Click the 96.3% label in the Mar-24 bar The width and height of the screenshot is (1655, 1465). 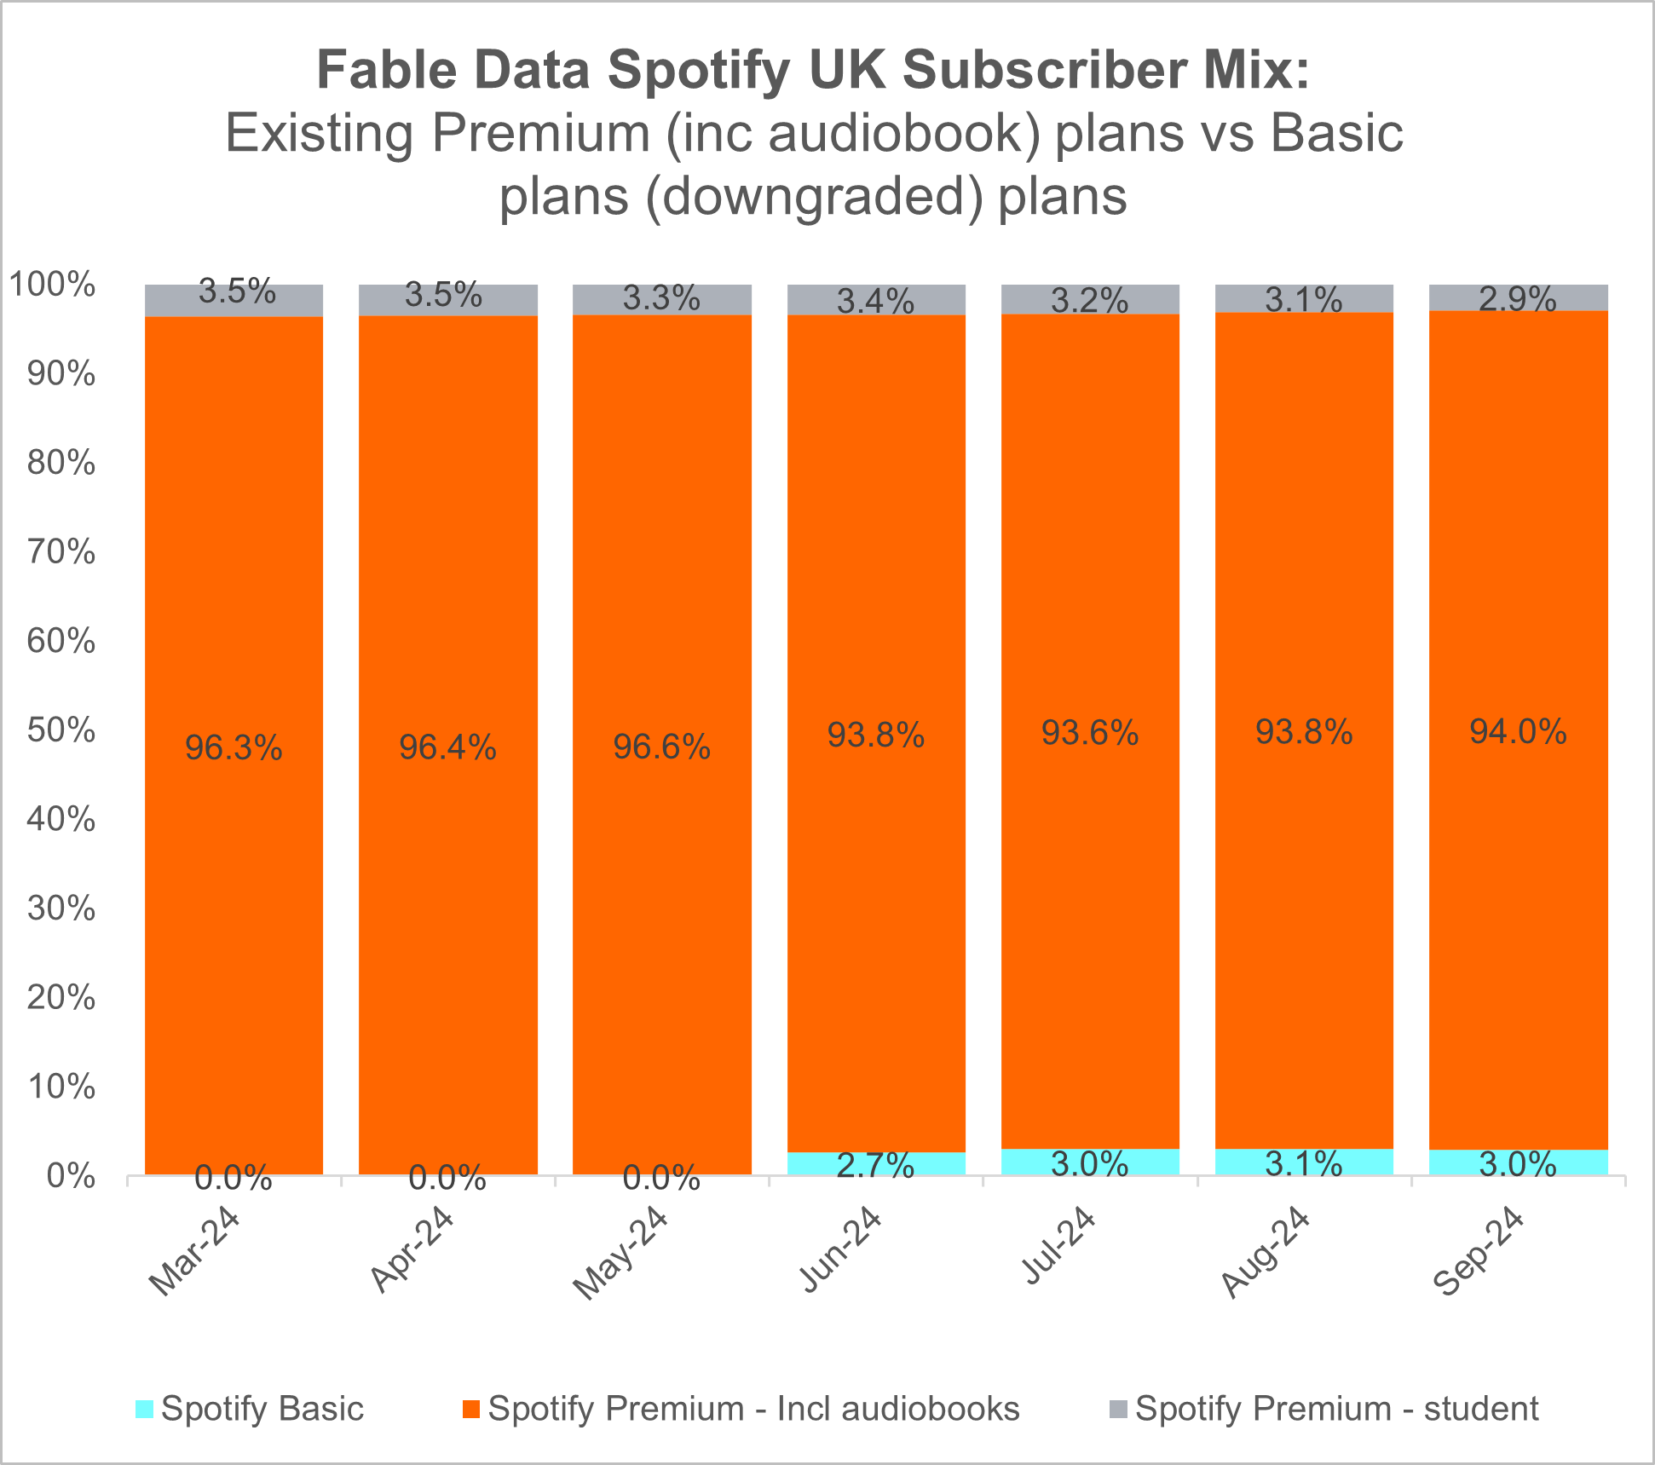click(234, 747)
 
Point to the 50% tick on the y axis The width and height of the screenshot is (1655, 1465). click(61, 730)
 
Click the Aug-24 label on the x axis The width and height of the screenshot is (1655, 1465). click(1264, 1250)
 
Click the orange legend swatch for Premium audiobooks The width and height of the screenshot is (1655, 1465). click(470, 1409)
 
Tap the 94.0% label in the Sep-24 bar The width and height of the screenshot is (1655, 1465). click(1518, 731)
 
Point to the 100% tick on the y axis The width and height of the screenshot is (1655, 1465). click(53, 285)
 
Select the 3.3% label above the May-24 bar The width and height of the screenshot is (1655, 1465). click(661, 298)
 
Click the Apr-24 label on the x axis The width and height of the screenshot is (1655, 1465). click(412, 1249)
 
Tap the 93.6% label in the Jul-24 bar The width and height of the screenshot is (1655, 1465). click(1090, 733)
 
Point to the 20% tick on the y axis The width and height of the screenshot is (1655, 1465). click(61, 998)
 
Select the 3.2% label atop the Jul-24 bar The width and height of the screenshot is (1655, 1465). click(1089, 300)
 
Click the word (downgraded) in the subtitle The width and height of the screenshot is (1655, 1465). click(815, 197)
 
